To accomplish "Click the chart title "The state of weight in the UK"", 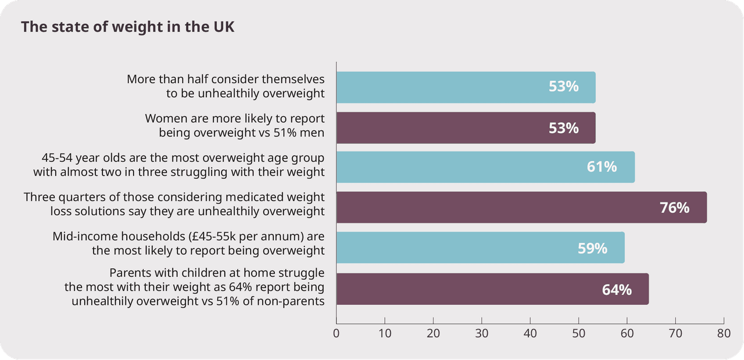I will tap(128, 27).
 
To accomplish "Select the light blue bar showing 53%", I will tap(465, 87).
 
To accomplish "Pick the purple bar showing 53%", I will tap(465, 128).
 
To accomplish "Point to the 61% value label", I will tap(602, 167).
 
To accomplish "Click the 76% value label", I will tap(674, 208).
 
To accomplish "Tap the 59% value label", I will tap(592, 248).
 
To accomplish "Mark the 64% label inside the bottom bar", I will tap(617, 290).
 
